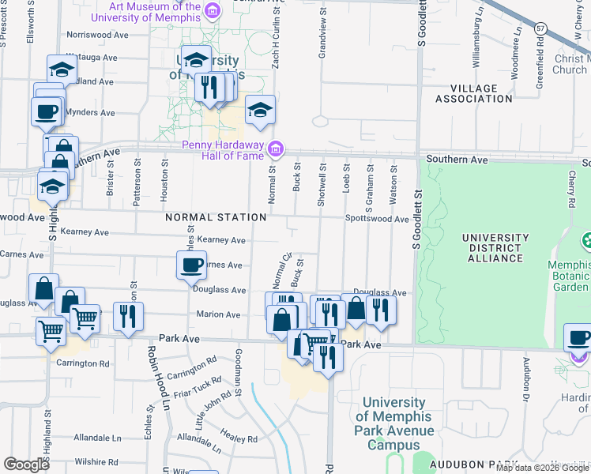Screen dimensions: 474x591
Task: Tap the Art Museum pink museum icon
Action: (x=212, y=11)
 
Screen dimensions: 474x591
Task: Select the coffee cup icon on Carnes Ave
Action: (x=190, y=265)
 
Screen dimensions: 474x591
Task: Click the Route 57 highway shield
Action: (x=540, y=28)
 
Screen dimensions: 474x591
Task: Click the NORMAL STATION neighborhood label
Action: (x=216, y=217)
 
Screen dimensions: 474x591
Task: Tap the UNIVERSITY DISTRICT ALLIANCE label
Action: (x=495, y=247)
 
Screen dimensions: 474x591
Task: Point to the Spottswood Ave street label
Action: (x=376, y=219)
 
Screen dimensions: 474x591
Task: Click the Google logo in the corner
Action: (x=26, y=465)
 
